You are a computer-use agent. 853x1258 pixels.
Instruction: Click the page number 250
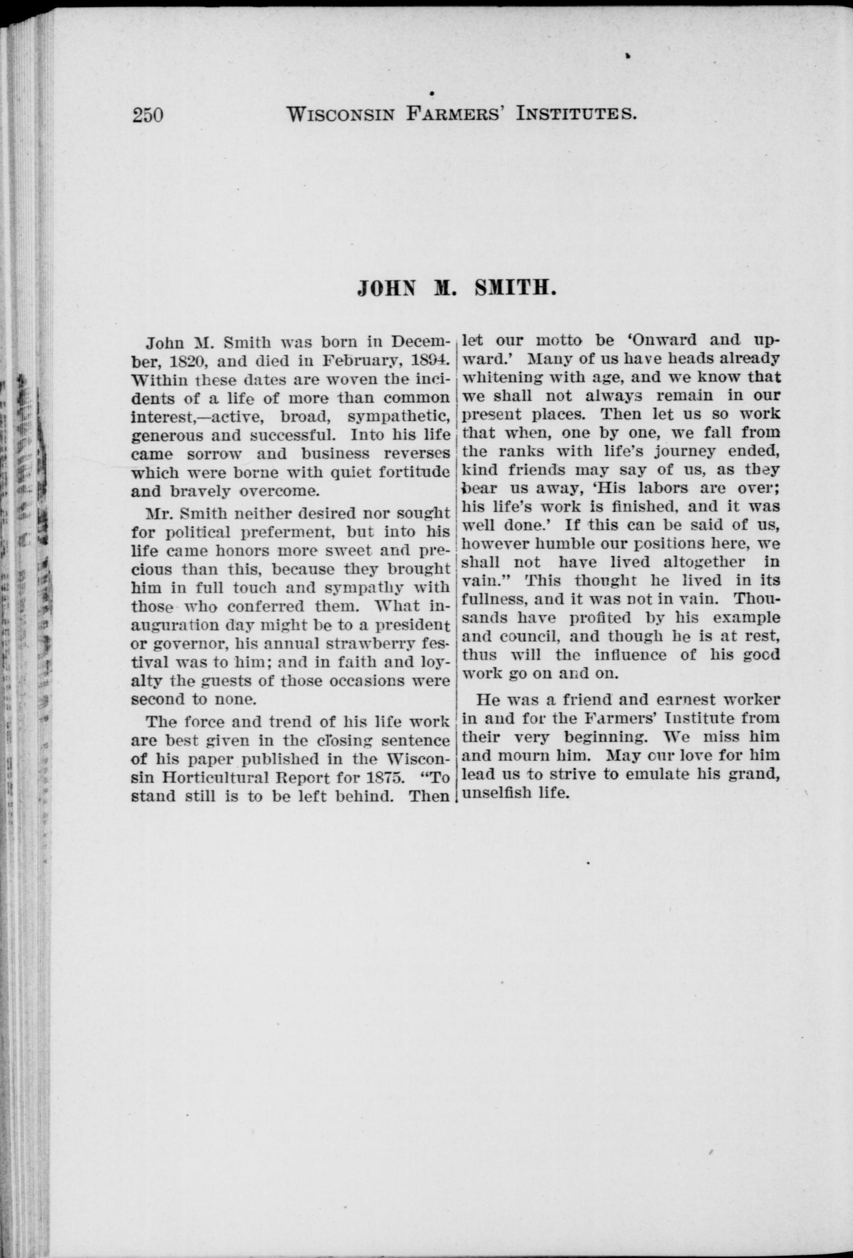point(148,115)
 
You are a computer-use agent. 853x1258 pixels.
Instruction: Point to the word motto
point(559,341)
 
